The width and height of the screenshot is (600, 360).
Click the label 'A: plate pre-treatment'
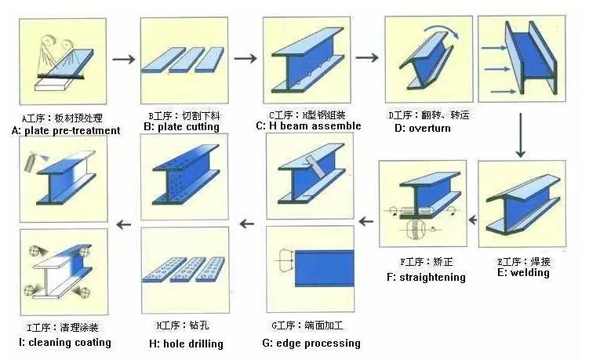point(67,130)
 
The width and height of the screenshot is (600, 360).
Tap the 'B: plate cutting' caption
point(180,126)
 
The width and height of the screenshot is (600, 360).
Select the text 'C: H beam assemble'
point(308,125)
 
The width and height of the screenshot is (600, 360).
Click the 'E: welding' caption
point(523,273)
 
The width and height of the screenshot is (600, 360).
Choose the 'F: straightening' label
point(426,277)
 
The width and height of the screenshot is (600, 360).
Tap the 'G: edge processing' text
point(311,343)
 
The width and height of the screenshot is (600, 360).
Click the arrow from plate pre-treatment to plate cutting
point(124,59)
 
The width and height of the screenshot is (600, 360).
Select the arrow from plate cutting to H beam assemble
point(245,59)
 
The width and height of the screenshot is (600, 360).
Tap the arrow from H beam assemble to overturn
point(366,57)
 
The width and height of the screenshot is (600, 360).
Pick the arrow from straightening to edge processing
point(365,224)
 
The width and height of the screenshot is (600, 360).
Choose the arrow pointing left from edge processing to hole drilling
point(247,224)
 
